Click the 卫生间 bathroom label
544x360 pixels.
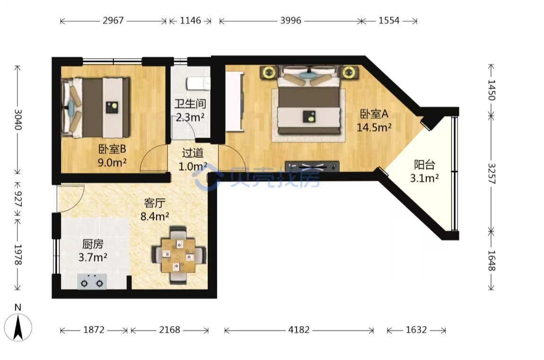[x=190, y=103]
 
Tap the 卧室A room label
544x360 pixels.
[x=374, y=114]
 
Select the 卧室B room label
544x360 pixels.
[x=112, y=149]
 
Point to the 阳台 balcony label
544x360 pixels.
[x=424, y=165]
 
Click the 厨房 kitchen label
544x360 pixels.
[x=93, y=244]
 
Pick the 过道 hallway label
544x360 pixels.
[x=193, y=153]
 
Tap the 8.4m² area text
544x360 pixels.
[x=155, y=216]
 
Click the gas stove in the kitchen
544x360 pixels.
[x=92, y=281]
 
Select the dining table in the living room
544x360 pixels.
[x=179, y=255]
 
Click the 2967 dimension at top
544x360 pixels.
[x=113, y=20]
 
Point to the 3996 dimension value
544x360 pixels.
[x=291, y=20]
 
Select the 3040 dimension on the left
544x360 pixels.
[x=18, y=120]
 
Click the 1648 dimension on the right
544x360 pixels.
[x=491, y=261]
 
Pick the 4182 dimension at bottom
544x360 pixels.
[x=298, y=329]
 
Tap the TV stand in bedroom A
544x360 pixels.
[x=312, y=166]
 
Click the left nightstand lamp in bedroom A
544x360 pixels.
[x=269, y=72]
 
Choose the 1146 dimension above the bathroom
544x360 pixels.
[x=190, y=20]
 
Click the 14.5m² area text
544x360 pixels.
[x=374, y=128]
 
